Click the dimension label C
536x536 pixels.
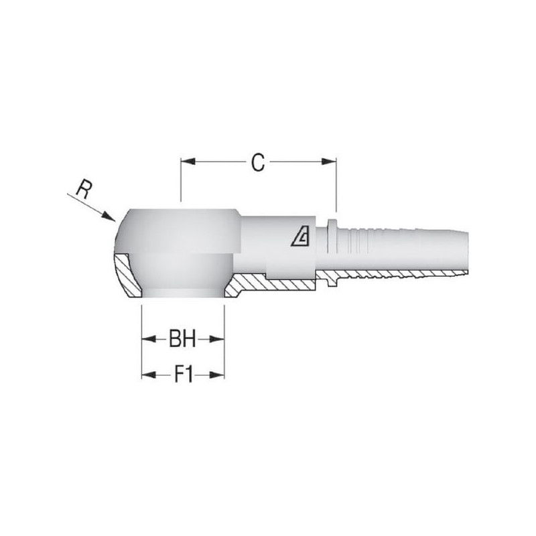coord(258,162)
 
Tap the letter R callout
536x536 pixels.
coord(83,190)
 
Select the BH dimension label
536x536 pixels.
coord(182,339)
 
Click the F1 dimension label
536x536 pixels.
coord(183,375)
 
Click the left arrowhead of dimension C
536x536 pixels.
coord(188,161)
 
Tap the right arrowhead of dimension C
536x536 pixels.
coord(329,161)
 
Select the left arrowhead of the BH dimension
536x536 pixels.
coord(149,339)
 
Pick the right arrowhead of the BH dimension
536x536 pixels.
coord(217,339)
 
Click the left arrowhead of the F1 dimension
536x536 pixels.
coord(149,375)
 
